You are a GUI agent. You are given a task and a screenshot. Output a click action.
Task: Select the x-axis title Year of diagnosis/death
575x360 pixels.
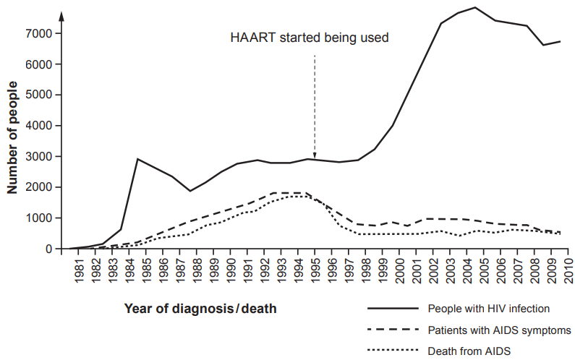tap(200, 309)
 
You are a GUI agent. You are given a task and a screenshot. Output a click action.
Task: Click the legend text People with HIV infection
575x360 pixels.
tap(489, 309)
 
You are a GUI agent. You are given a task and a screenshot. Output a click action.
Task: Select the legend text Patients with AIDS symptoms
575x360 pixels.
tap(500, 330)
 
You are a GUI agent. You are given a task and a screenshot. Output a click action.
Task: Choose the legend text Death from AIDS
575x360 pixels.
tap(469, 352)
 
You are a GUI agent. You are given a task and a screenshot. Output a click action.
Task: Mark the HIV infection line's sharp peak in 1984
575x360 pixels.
tap(137, 159)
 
